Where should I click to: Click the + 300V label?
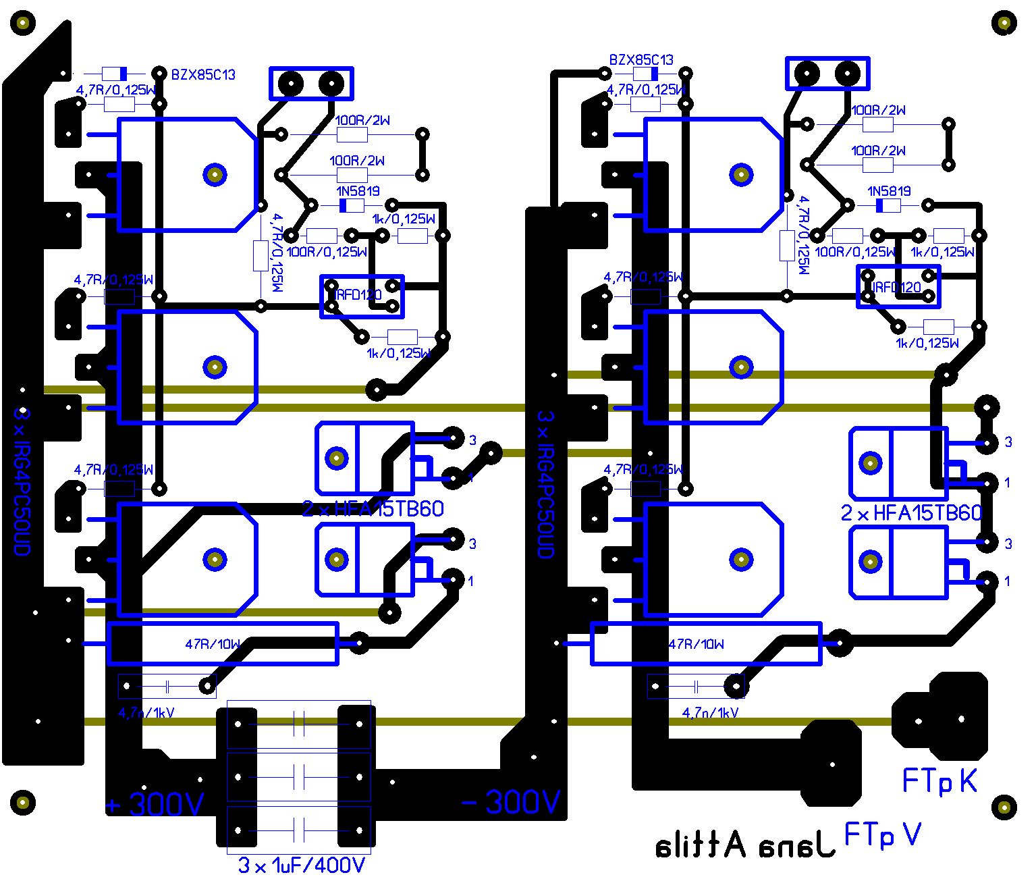tap(155, 804)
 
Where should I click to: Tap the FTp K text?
tap(939, 781)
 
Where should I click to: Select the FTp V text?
tap(883, 835)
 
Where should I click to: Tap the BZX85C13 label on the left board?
tap(203, 75)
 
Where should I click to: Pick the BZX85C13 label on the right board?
tap(641, 60)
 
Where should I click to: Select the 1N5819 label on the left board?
tap(358, 192)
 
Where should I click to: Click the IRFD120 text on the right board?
tap(896, 288)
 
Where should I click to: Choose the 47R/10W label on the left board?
tap(213, 644)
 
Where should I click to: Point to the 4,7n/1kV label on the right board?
tap(710, 712)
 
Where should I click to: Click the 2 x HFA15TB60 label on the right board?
tap(911, 513)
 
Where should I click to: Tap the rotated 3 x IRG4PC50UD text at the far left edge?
tap(22, 480)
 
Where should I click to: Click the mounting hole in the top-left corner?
tap(23, 23)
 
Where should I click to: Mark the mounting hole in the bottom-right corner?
tap(1004, 806)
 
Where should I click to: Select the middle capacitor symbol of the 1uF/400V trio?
tap(299, 777)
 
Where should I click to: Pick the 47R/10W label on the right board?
tap(696, 644)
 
